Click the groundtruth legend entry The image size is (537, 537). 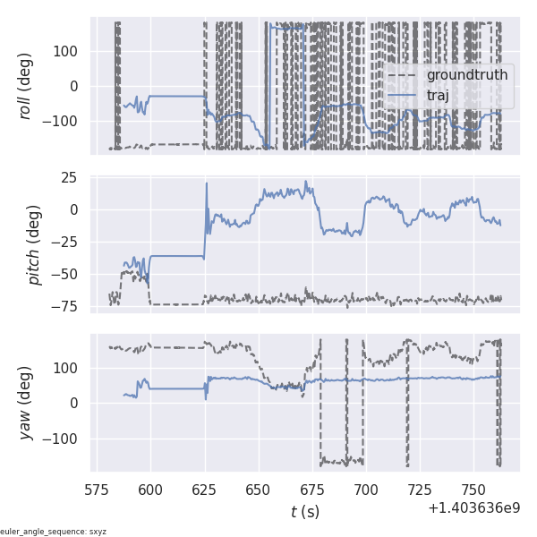coord(466,74)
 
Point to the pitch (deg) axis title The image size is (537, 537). coord(33,243)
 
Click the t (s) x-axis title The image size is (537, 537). coord(304,512)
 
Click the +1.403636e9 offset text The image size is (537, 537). coord(473,507)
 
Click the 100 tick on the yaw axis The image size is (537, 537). coord(69,368)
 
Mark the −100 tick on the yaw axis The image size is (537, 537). coord(64,438)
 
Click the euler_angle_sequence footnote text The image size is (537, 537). coord(54,532)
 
